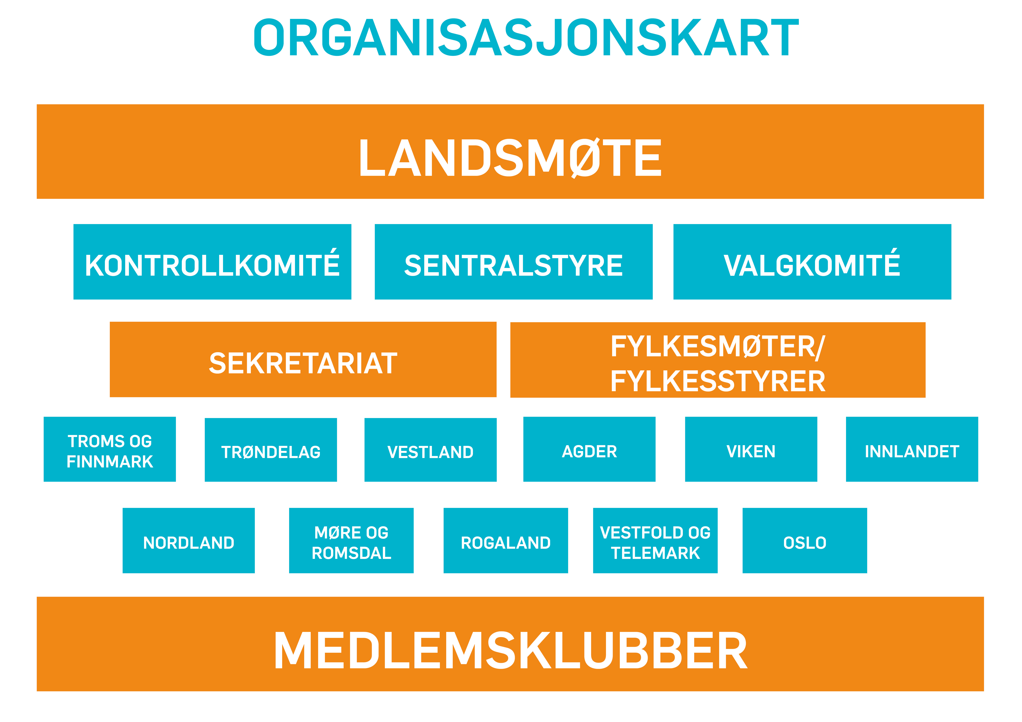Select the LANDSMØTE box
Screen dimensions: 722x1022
point(510,152)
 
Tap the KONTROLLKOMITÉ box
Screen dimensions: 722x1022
point(212,262)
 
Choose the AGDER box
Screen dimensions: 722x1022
point(589,449)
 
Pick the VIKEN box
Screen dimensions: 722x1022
point(751,449)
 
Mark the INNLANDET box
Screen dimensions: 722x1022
point(912,449)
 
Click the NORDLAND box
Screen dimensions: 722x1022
point(189,541)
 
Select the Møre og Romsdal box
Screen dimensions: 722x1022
point(351,541)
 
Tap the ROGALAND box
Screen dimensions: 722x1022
point(506,541)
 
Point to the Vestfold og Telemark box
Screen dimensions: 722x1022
point(655,541)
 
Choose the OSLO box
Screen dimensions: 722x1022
point(805,541)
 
